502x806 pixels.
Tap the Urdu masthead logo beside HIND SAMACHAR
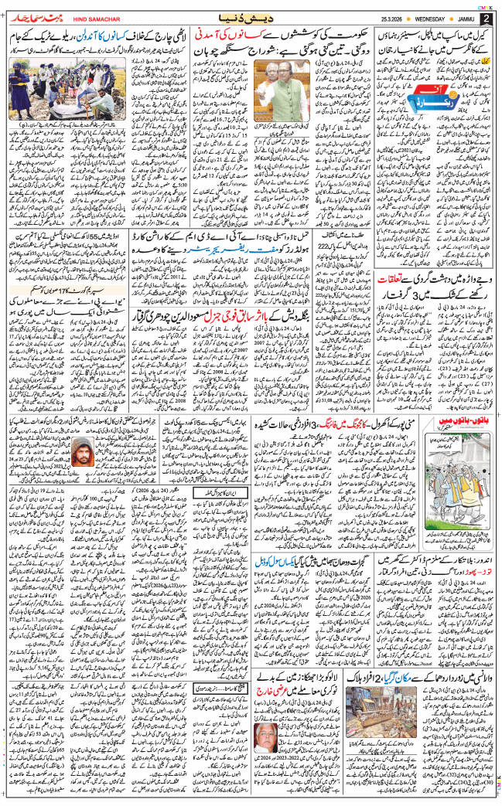[x=35, y=17]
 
